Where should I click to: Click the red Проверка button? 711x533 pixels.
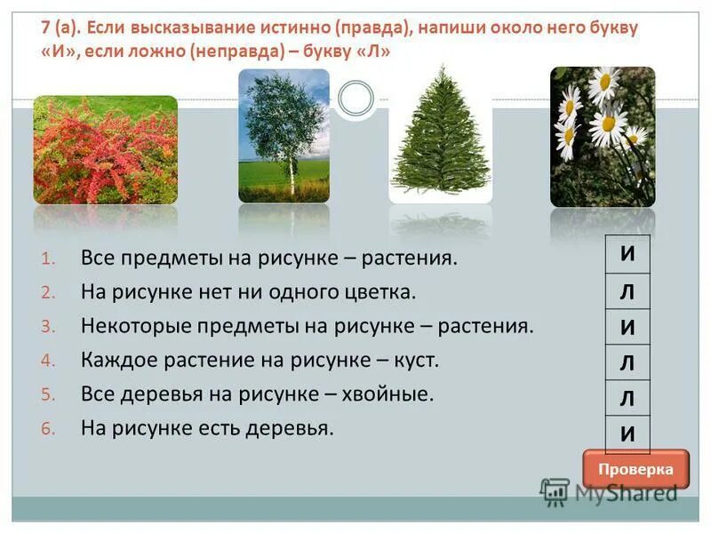pos(635,469)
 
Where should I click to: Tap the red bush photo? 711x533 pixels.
pos(105,149)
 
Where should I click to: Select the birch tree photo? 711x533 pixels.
pos(284,136)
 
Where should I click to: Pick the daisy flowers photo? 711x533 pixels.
pos(603,137)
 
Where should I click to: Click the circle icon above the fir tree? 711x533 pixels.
pos(355,97)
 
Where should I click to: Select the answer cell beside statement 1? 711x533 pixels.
pos(627,253)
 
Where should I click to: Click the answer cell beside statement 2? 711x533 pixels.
pos(627,290)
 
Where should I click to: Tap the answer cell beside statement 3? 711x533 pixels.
pos(627,327)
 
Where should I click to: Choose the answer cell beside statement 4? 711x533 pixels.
pos(627,363)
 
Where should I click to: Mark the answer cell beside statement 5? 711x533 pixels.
pos(627,399)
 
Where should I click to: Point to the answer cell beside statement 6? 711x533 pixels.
pos(627,434)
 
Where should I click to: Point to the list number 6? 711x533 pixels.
pos(48,429)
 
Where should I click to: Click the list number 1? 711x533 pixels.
pos(48,259)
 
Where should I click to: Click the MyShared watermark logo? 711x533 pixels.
pos(608,491)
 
